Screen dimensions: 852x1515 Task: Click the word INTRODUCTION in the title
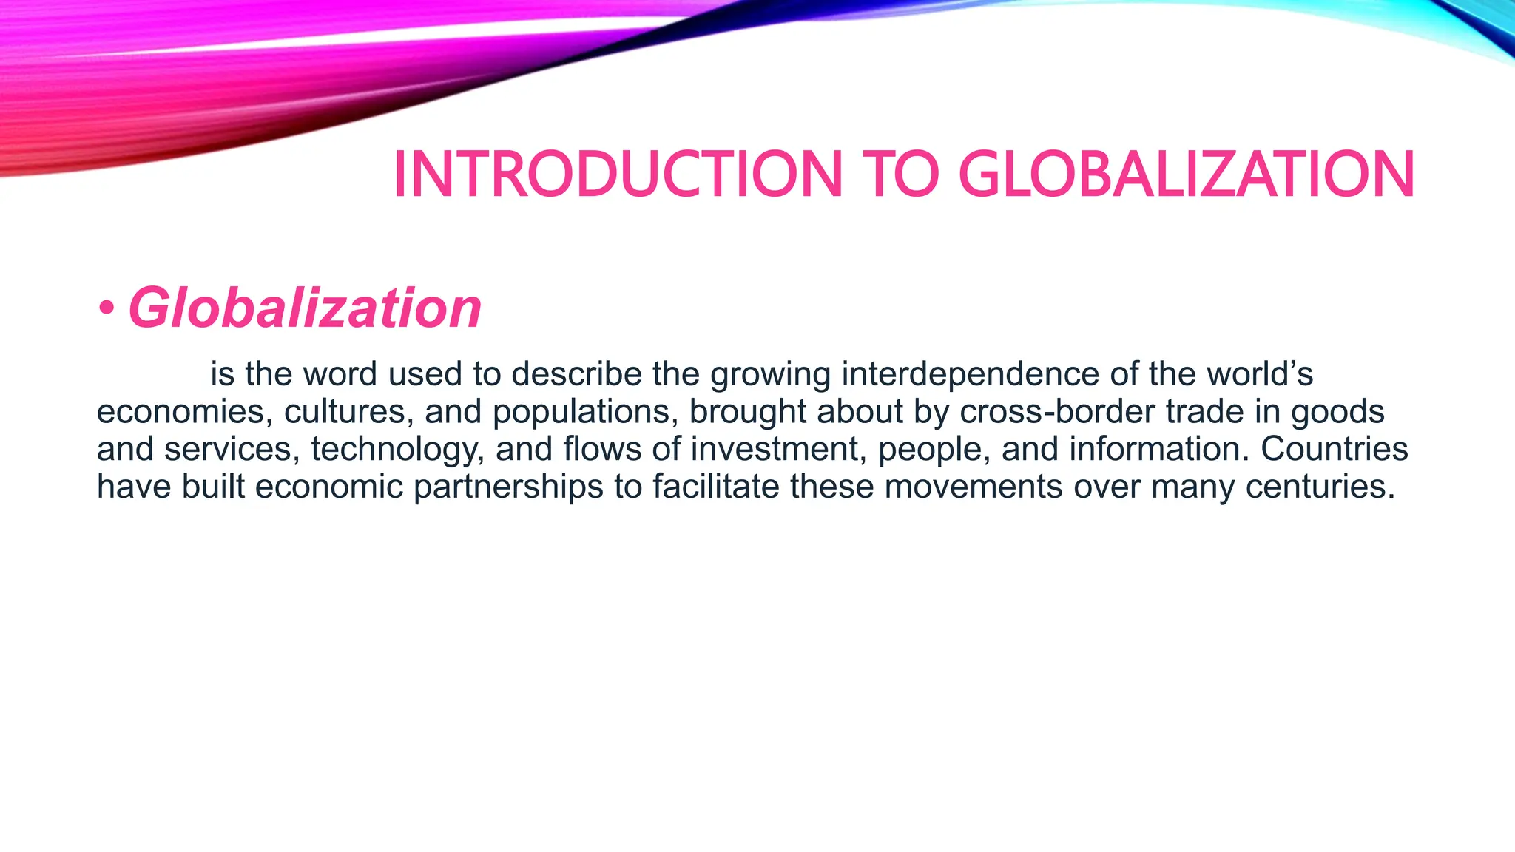[618, 175]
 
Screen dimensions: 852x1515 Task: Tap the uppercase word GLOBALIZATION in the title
[1186, 175]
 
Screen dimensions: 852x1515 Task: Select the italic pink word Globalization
[305, 308]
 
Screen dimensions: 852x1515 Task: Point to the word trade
[1205, 412]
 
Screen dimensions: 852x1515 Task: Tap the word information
[1158, 450]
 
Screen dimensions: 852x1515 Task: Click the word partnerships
[508, 487]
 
